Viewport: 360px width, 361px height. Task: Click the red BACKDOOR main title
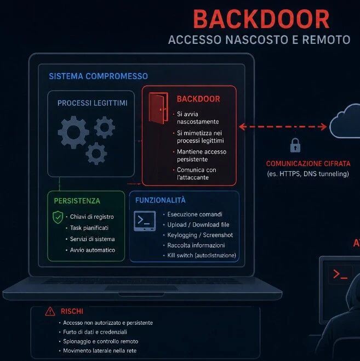coord(261,19)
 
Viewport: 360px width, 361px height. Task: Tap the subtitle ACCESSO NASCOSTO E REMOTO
coord(259,40)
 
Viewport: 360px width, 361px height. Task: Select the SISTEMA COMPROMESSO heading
coord(99,76)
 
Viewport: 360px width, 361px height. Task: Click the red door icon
coord(158,108)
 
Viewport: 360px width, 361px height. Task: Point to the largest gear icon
coord(73,132)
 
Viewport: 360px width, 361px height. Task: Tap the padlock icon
coord(295,145)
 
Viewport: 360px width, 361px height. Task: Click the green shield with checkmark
coord(58,217)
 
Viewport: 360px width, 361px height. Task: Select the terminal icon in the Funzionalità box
coord(145,221)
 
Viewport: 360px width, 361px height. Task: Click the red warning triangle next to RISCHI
coord(50,312)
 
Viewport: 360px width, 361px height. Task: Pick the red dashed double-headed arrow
coord(283,127)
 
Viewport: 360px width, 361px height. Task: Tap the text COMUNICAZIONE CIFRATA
coord(308,163)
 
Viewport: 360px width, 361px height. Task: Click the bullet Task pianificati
coord(89,228)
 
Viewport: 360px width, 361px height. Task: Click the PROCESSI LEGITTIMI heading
coord(93,103)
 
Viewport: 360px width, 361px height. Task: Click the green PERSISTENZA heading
coord(77,201)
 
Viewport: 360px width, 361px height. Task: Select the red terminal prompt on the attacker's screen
coord(340,274)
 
